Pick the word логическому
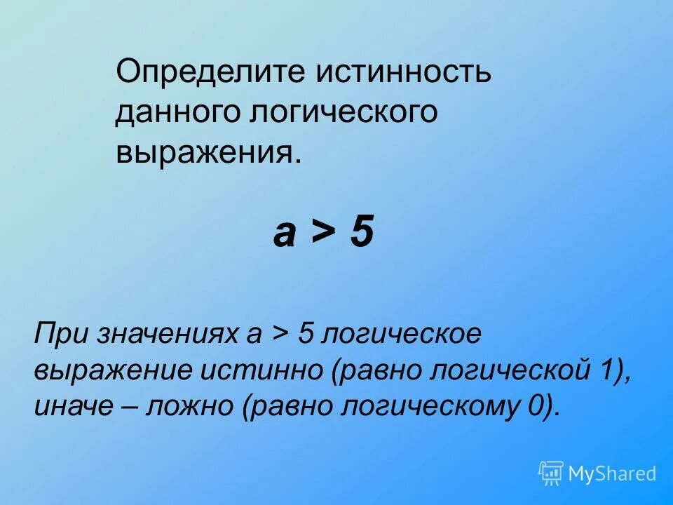point(420,407)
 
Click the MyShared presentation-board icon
point(551,473)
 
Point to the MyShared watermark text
point(612,474)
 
